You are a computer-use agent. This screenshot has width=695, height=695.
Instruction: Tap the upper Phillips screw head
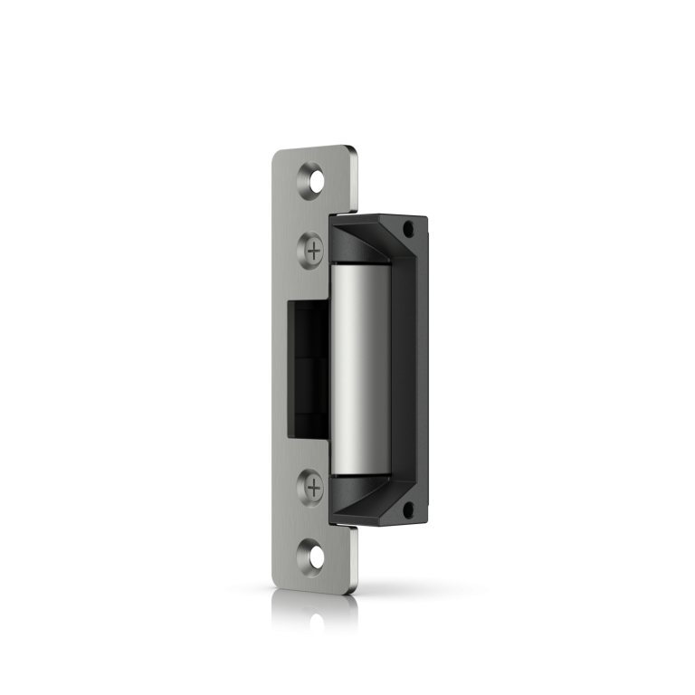point(313,250)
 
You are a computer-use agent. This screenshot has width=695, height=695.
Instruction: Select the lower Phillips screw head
point(313,489)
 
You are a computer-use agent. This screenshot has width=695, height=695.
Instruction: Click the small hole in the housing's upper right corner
point(408,228)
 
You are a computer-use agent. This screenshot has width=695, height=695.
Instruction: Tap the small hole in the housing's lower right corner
point(408,509)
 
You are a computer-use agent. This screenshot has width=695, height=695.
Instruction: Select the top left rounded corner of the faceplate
point(276,155)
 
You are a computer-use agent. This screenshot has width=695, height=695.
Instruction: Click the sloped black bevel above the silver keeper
point(362,246)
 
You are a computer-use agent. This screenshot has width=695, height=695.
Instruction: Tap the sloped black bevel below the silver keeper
point(362,493)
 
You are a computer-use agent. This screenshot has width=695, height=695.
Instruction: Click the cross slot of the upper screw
point(313,250)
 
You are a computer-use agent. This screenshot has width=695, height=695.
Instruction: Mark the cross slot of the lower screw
point(313,489)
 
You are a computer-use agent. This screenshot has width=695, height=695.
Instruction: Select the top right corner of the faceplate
point(353,149)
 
